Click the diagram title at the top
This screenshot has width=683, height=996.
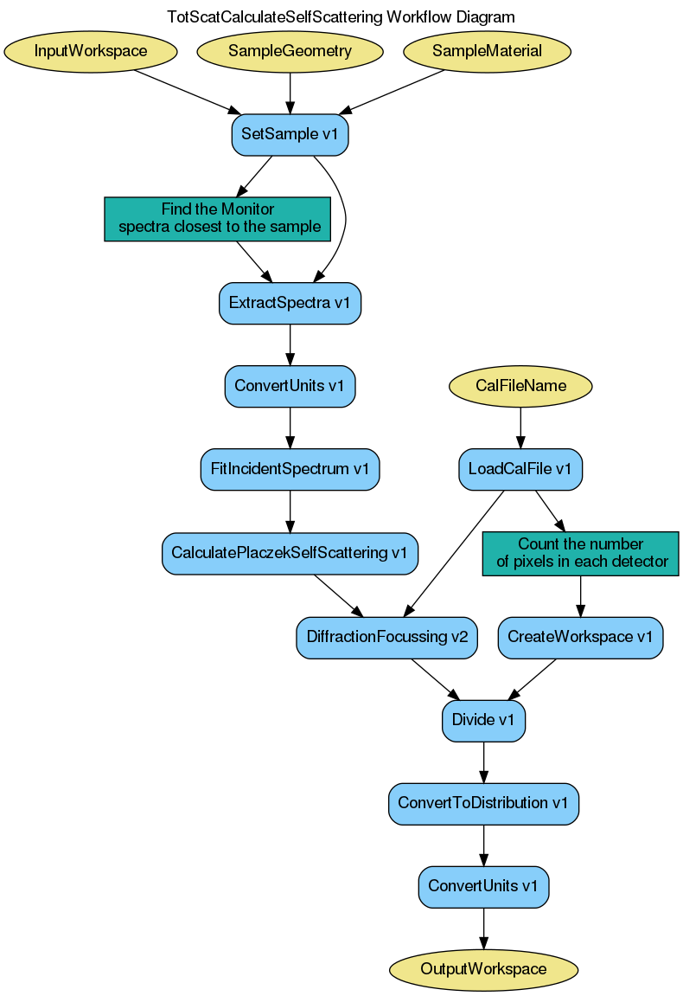click(341, 16)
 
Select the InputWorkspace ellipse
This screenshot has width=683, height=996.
click(91, 51)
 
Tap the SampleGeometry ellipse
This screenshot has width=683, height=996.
click(290, 51)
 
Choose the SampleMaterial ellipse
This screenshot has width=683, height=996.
click(487, 51)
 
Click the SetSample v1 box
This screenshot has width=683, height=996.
click(290, 134)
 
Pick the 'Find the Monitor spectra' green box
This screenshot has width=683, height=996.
click(218, 218)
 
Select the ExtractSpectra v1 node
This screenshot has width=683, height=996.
click(290, 303)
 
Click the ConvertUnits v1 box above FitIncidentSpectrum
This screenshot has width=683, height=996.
click(290, 386)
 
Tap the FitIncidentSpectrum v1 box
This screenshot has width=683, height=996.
click(290, 469)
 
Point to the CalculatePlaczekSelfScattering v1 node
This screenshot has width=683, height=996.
click(290, 552)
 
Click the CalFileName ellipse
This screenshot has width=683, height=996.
click(520, 386)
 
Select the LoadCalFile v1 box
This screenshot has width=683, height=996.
click(520, 469)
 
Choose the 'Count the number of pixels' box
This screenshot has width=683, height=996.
click(580, 553)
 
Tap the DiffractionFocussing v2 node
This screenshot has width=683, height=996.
click(386, 637)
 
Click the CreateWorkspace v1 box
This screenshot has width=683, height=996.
click(580, 637)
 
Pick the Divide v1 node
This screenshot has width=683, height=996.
click(483, 720)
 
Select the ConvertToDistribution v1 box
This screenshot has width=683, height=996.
click(483, 803)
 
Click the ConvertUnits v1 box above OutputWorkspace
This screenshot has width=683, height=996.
click(483, 886)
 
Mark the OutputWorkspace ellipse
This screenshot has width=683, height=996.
click(483, 969)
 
